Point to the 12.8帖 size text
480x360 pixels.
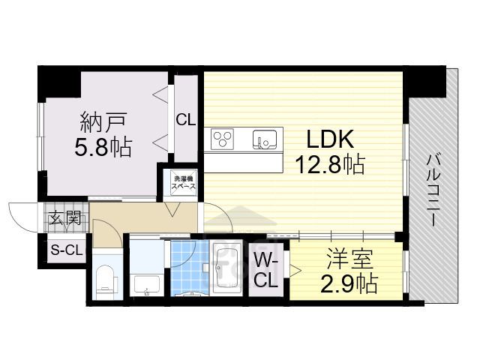click(331, 165)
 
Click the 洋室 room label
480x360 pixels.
click(346, 259)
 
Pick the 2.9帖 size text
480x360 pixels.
click(346, 283)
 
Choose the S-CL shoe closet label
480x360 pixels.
click(66, 250)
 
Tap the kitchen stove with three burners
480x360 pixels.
click(223, 137)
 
